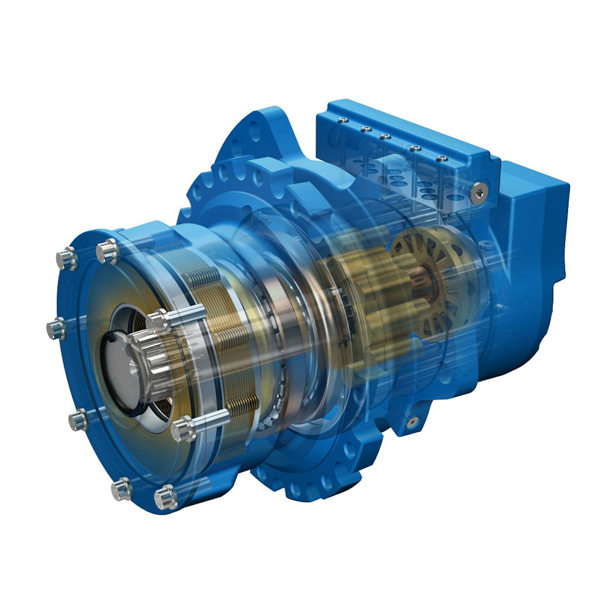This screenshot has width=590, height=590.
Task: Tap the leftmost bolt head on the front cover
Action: [56, 328]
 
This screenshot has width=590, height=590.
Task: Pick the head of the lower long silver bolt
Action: [183, 429]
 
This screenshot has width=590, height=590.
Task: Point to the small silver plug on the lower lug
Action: [411, 421]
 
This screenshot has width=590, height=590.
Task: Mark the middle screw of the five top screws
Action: [385, 136]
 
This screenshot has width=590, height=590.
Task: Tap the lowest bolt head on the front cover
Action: [164, 498]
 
